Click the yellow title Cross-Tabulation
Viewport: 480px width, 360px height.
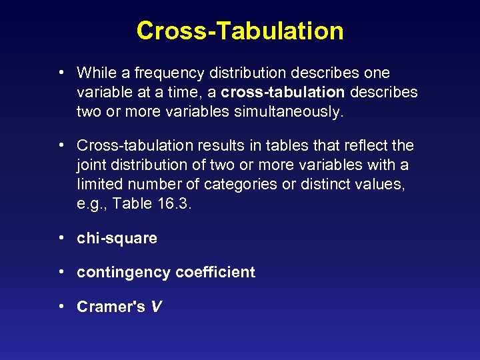coord(240,31)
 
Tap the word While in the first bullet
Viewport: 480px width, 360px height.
coord(96,72)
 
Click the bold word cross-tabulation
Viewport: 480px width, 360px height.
coord(283,91)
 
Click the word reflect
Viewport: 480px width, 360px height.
coord(369,145)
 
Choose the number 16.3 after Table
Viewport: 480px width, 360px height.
coord(173,204)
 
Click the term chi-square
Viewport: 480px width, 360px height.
coord(117,238)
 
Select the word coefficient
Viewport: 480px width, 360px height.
coord(215,272)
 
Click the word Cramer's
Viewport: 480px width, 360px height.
coord(111,307)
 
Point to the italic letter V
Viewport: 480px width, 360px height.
coord(157,307)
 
